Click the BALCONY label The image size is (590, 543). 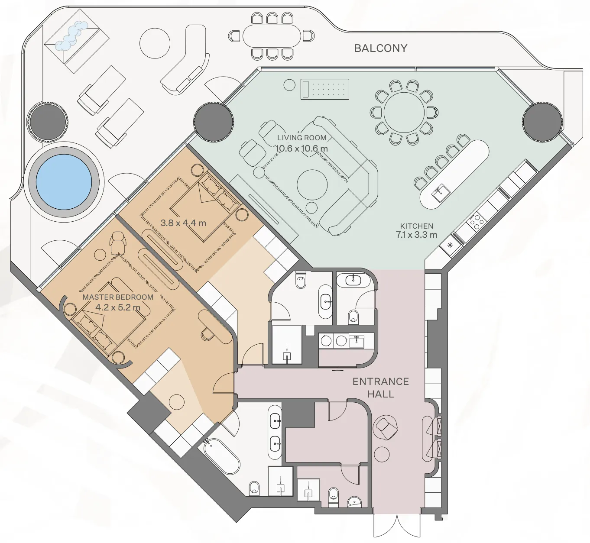point(380,48)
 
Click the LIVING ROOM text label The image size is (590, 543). point(301,138)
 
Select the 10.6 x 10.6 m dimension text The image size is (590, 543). point(301,149)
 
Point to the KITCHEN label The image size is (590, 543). point(416,226)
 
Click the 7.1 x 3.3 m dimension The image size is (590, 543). point(416,235)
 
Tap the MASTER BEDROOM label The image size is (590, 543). point(118,297)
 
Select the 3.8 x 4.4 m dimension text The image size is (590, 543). point(183,223)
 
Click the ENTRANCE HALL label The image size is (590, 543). point(380,388)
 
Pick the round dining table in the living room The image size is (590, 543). point(404,112)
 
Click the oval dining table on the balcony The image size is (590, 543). point(272,36)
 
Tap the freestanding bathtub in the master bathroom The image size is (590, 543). point(221,457)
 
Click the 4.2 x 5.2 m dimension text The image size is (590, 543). point(118,307)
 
